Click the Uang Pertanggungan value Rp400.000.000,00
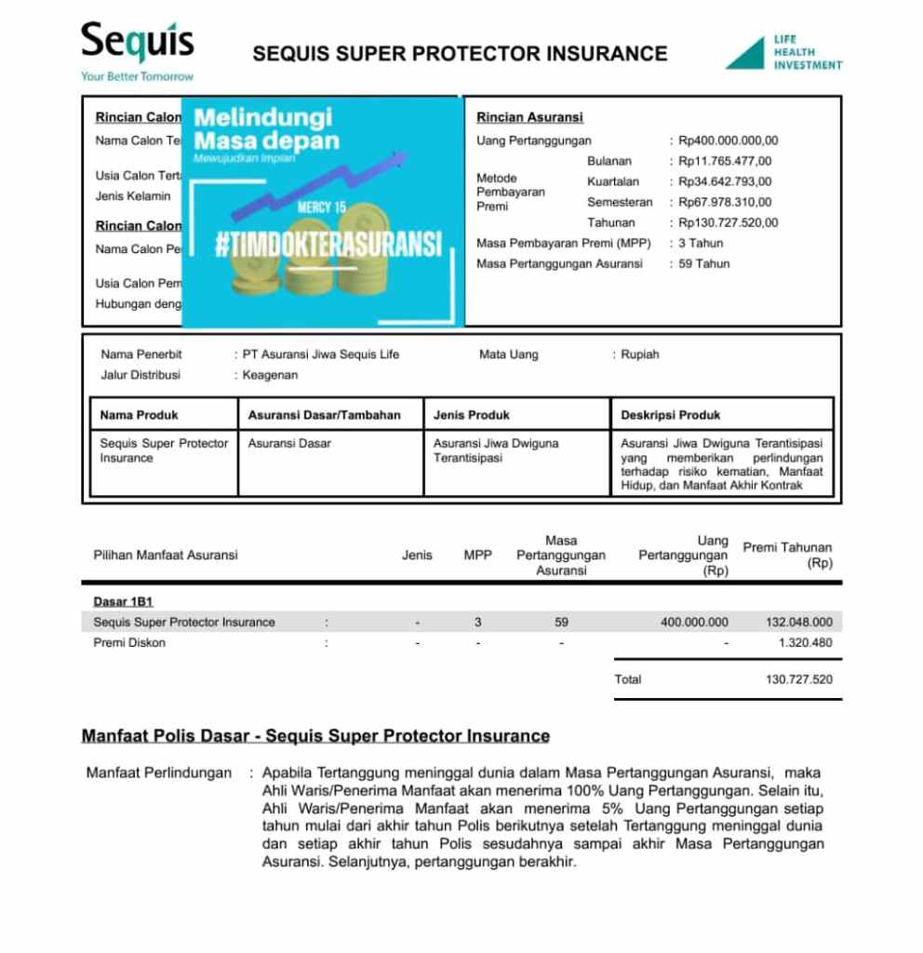pyautogui.click(x=728, y=141)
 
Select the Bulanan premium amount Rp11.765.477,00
pyautogui.click(x=725, y=162)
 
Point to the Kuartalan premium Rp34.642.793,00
pyautogui.click(x=725, y=182)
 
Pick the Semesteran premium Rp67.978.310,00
pyautogui.click(x=725, y=203)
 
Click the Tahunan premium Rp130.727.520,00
pyautogui.click(x=728, y=223)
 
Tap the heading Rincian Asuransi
pyautogui.click(x=529, y=118)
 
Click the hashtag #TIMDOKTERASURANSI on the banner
pyautogui.click(x=328, y=245)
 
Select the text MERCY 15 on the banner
pyautogui.click(x=321, y=208)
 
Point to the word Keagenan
pyautogui.click(x=270, y=375)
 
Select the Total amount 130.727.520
pyautogui.click(x=798, y=679)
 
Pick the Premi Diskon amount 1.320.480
pyautogui.click(x=805, y=643)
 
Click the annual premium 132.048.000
pyautogui.click(x=798, y=623)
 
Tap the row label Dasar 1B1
pyautogui.click(x=123, y=602)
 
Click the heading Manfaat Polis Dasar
pyautogui.click(x=315, y=736)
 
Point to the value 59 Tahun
pyautogui.click(x=704, y=264)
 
